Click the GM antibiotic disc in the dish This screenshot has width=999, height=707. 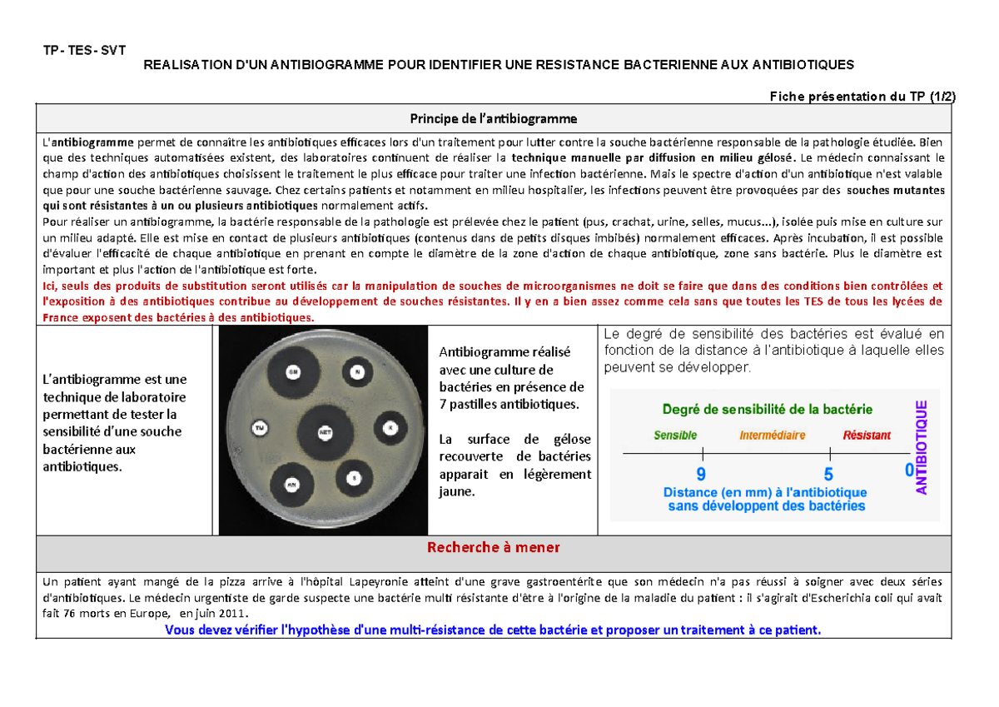(292, 371)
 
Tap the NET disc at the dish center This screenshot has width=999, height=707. (325, 432)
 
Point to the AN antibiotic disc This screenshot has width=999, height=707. (291, 482)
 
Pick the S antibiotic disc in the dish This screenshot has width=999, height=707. (355, 478)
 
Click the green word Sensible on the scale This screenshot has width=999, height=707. (675, 435)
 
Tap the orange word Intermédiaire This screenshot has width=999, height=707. (772, 435)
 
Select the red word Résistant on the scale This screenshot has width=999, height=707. (867, 435)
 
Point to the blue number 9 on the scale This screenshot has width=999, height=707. (701, 475)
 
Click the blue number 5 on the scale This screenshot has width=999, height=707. (828, 475)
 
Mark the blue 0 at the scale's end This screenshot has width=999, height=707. (908, 471)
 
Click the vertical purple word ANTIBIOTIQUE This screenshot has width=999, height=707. (922, 448)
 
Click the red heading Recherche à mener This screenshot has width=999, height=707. (493, 547)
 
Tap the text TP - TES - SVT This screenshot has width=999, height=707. (84, 49)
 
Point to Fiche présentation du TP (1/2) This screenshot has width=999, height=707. (862, 96)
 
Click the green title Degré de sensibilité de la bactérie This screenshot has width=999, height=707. (767, 409)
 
